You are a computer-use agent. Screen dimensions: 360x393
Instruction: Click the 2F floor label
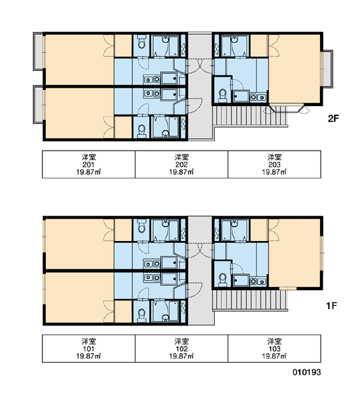pos(333,119)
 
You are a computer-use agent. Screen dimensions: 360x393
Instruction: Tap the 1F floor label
pos(331,305)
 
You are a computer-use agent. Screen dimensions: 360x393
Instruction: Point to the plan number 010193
pos(306,372)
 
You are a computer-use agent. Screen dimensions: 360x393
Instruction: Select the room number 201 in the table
pos(88,164)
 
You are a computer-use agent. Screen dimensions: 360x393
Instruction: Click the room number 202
pos(181,164)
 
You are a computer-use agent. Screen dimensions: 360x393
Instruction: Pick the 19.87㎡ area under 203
pos(274,172)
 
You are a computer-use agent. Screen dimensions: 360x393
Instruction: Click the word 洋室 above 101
pos(88,341)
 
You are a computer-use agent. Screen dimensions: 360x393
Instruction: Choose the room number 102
pos(181,348)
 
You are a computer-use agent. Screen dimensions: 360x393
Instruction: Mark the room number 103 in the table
pos(274,348)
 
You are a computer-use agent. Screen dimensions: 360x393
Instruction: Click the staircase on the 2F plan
pos(250,117)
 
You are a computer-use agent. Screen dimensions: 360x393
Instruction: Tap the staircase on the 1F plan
pos(250,300)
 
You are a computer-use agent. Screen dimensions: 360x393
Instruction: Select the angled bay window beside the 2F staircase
pos(287,108)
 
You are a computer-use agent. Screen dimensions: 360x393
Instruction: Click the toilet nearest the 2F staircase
pos(223,96)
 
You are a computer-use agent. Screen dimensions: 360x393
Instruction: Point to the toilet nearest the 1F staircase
pos(223,280)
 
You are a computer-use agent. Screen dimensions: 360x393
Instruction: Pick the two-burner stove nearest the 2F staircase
pos(258,97)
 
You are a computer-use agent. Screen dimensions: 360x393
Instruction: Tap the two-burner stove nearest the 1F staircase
pos(258,282)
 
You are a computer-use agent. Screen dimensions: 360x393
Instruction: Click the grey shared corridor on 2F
pos(200,86)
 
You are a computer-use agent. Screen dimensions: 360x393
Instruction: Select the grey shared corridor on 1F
pos(200,271)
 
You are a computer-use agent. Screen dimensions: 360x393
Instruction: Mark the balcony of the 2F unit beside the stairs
pos(328,69)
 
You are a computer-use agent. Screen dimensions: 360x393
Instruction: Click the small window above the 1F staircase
pos(288,288)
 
